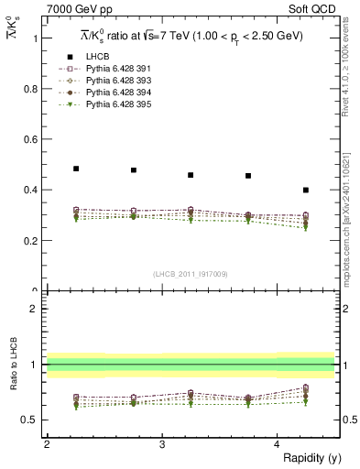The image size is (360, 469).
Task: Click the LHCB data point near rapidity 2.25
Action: tap(76, 169)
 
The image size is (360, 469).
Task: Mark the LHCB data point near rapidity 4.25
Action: tap(306, 191)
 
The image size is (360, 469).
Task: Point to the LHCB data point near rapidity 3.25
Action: tap(191, 175)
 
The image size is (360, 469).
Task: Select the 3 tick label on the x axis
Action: tap(162, 443)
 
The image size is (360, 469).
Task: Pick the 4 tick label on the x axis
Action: tap(278, 443)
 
